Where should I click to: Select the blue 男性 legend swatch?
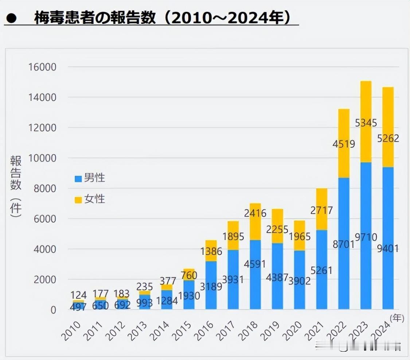[78, 179]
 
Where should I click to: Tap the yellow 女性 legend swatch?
[78, 200]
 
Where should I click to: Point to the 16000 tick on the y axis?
[43, 67]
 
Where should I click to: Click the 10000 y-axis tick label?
[43, 158]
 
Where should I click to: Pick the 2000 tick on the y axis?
[45, 280]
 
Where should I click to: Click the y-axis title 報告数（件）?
[16, 186]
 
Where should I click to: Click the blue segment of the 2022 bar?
[344, 277]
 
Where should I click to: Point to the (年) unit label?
[397, 318]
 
